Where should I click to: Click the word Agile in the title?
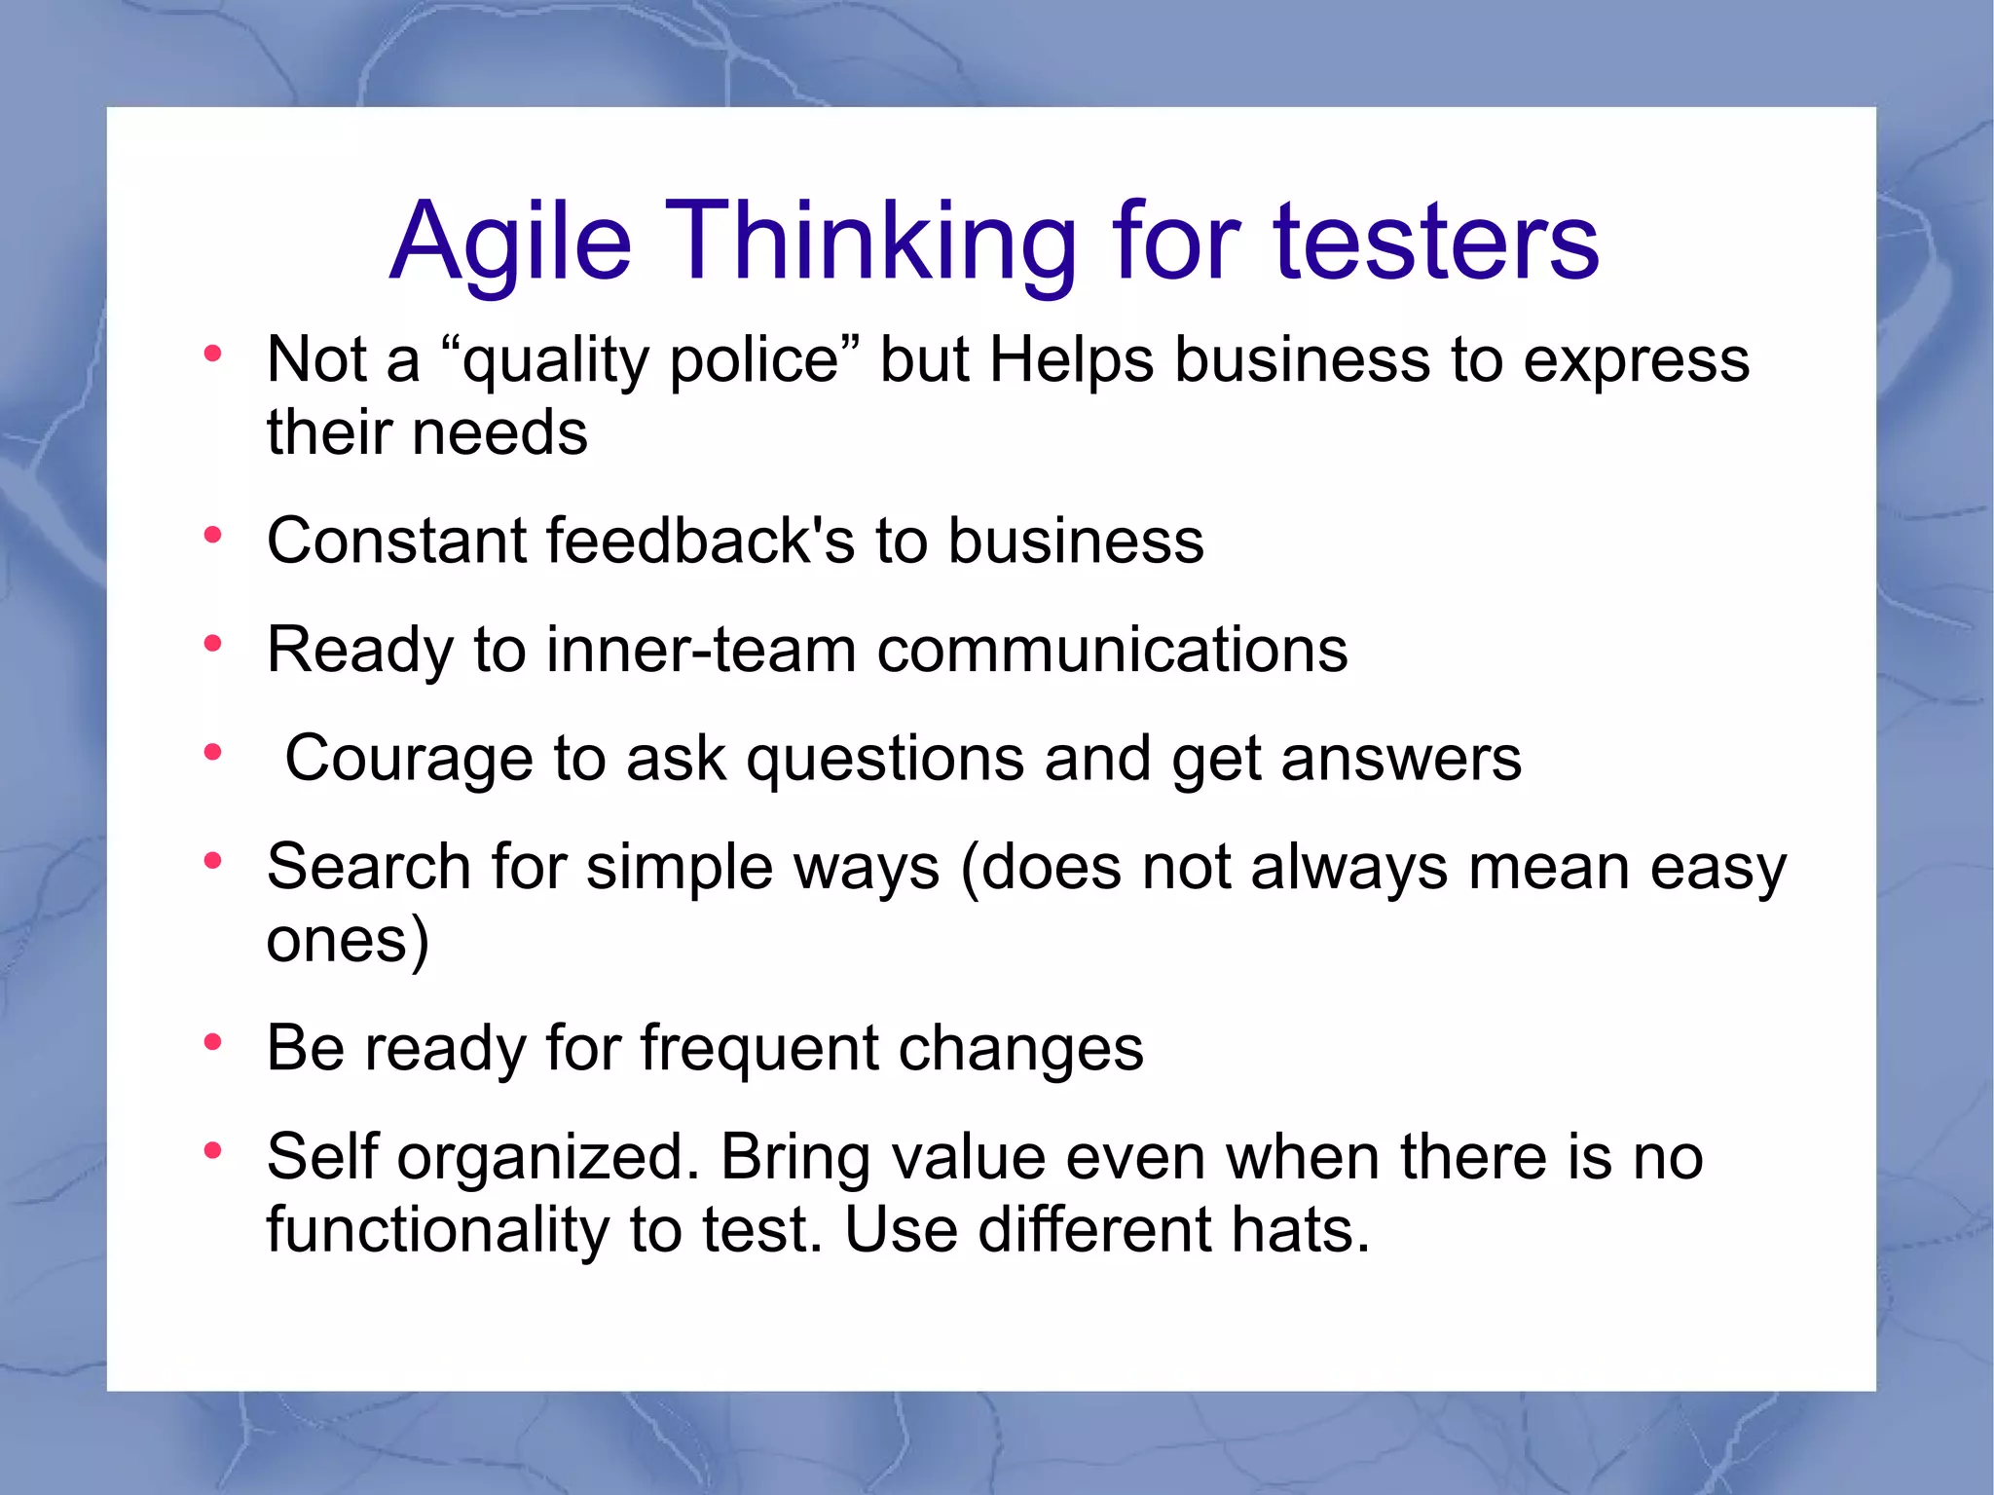click(510, 242)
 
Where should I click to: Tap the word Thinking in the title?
click(871, 242)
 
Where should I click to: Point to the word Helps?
click(1071, 360)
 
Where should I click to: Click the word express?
click(1636, 360)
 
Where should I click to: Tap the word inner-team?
click(701, 650)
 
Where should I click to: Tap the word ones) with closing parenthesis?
click(348, 941)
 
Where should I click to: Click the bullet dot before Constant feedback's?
click(212, 535)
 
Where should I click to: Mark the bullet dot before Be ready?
click(212, 1043)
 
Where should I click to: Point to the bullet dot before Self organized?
click(212, 1151)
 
